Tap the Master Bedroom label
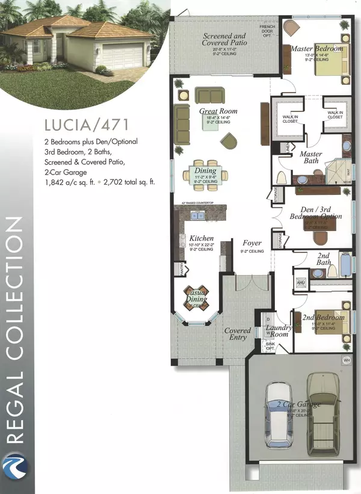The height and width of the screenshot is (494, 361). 316,48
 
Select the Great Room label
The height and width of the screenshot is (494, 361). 220,111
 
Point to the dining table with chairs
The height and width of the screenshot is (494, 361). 206,174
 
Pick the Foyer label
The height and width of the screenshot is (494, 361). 252,244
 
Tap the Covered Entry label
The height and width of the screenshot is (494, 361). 238,334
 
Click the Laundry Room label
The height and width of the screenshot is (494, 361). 279,331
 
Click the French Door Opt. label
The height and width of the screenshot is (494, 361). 267,31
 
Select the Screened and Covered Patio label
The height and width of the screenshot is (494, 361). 224,39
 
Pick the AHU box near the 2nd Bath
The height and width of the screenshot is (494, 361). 301,282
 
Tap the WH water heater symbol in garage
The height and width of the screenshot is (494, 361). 347,360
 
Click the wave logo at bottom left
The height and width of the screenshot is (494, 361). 14,470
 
